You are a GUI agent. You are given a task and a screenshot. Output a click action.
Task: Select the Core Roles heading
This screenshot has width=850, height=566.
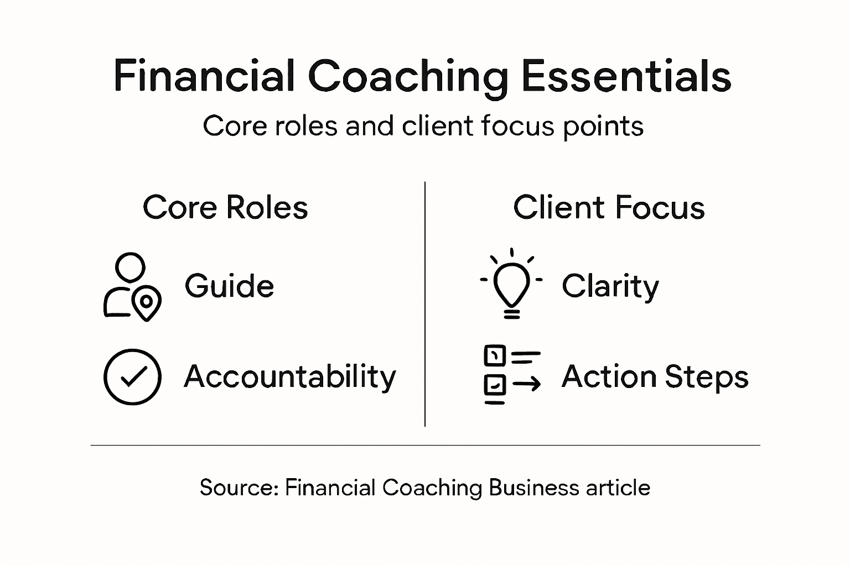coord(225,208)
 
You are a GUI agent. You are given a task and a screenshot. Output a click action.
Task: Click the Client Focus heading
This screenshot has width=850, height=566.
coord(609,208)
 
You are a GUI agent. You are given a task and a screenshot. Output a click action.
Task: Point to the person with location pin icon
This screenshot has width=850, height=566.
coord(132,287)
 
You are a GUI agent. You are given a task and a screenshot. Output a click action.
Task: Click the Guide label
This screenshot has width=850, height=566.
coord(229,286)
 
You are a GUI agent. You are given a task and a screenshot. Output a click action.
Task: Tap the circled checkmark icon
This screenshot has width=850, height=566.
coord(132,377)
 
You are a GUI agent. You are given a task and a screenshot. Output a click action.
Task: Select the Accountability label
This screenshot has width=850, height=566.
coord(290,377)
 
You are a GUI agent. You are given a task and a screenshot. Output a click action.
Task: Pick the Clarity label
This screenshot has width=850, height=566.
coord(610,286)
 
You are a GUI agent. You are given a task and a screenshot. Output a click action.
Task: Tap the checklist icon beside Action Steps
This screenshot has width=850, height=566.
coord(511,375)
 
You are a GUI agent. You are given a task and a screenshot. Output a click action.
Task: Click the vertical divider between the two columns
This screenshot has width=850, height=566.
coord(424,304)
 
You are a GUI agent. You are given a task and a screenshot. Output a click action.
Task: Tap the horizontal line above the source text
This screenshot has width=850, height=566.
coord(425,445)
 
